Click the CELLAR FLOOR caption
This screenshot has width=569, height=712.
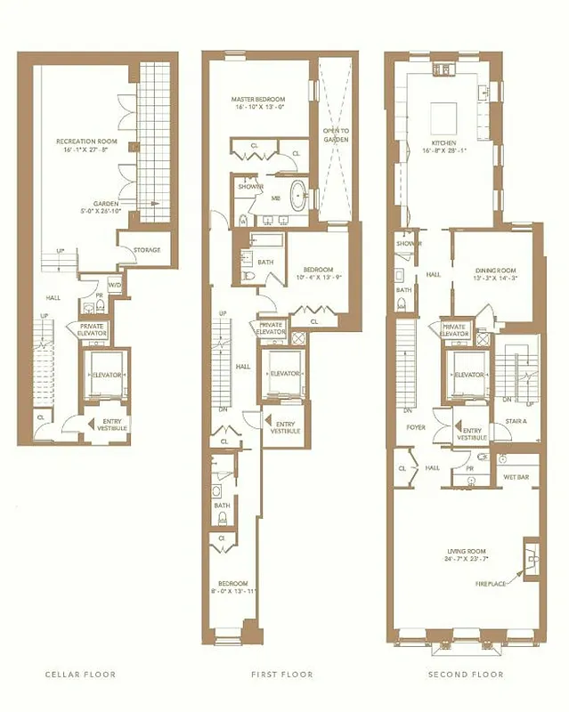pyautogui.click(x=80, y=675)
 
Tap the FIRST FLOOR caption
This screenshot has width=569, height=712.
pyautogui.click(x=281, y=675)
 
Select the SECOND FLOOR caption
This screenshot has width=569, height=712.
pyautogui.click(x=466, y=675)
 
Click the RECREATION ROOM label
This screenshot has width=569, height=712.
pyautogui.click(x=80, y=141)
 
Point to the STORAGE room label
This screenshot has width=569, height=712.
pyautogui.click(x=147, y=250)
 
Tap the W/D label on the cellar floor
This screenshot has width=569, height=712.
pyautogui.click(x=117, y=285)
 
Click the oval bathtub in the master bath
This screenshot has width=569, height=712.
pyautogui.click(x=300, y=194)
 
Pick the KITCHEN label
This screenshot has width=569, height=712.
pyautogui.click(x=443, y=142)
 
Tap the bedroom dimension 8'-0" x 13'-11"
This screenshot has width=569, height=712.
pyautogui.click(x=233, y=591)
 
